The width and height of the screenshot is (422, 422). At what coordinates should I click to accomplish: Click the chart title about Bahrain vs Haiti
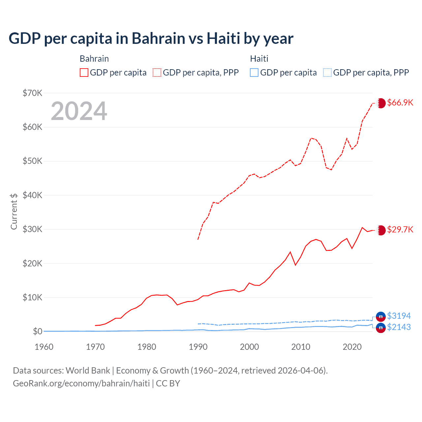click(151, 39)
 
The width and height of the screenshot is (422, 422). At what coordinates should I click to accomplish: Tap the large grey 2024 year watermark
click(79, 111)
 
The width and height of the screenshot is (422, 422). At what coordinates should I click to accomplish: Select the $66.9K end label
click(400, 103)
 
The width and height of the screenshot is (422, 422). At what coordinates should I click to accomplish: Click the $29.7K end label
click(400, 229)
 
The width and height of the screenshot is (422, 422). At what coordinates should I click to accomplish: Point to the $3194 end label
click(399, 316)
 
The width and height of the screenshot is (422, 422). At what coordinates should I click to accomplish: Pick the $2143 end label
click(399, 327)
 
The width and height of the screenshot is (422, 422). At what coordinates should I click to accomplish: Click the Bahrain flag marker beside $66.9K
click(381, 103)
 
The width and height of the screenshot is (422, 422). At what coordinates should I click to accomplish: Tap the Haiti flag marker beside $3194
click(381, 316)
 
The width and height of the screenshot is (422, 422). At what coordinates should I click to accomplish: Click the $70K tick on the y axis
click(32, 93)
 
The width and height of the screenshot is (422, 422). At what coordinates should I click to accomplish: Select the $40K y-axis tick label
click(32, 195)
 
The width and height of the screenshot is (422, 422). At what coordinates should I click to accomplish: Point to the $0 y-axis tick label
click(37, 331)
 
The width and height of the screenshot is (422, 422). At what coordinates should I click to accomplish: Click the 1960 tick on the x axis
click(44, 347)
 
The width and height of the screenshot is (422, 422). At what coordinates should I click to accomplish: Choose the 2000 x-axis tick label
click(249, 347)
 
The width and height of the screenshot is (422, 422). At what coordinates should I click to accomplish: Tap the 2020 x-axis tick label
click(352, 347)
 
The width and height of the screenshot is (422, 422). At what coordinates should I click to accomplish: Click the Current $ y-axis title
click(14, 211)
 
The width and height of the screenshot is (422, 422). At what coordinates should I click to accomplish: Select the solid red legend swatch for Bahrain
click(84, 73)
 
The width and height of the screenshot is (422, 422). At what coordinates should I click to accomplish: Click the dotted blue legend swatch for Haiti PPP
click(327, 73)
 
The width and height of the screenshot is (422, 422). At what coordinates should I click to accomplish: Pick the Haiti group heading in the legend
click(259, 59)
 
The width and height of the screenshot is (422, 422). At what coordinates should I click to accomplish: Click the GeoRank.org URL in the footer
click(81, 383)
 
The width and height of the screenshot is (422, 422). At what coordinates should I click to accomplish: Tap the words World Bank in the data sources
click(88, 371)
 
